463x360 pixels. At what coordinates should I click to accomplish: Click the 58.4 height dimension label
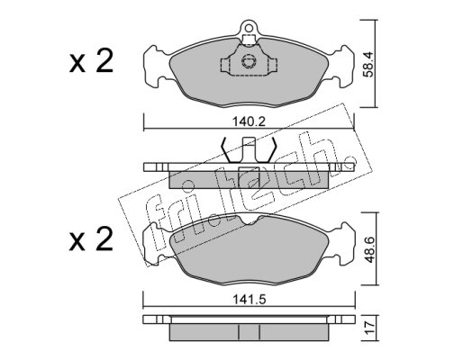pyautogui.click(x=368, y=65)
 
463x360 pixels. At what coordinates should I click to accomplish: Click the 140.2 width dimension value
pyautogui.click(x=249, y=121)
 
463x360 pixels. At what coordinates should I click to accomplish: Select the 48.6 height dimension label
pyautogui.click(x=368, y=249)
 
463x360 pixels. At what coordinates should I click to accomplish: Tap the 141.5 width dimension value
pyautogui.click(x=250, y=300)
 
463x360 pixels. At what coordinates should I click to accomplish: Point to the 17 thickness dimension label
pyautogui.click(x=369, y=328)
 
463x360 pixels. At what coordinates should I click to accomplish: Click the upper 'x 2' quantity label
pyautogui.click(x=91, y=61)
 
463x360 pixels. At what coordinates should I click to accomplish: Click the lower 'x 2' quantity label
pyautogui.click(x=91, y=239)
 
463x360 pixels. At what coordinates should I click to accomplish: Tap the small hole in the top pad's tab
pyautogui.click(x=249, y=28)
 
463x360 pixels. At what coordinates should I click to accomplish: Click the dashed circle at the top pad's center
pyautogui.click(x=249, y=61)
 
